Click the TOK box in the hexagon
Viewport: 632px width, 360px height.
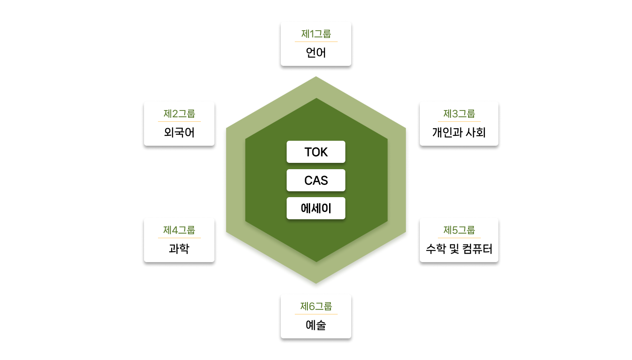click(x=316, y=152)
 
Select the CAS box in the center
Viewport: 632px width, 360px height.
click(x=316, y=180)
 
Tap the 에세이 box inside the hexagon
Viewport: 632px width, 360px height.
click(x=316, y=208)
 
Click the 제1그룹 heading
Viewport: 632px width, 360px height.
click(x=316, y=33)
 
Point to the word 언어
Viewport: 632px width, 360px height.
click(x=316, y=53)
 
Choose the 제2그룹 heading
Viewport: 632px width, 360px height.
click(x=179, y=114)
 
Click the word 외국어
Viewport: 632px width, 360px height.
click(x=179, y=133)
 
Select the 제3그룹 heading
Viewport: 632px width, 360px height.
click(x=459, y=114)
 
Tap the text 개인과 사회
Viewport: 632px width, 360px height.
click(x=459, y=133)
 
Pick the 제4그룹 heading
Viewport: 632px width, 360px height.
click(x=179, y=230)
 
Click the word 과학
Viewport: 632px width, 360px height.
click(x=179, y=249)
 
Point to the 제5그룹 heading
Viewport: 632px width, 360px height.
click(x=459, y=230)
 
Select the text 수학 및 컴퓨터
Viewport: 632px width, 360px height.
click(x=459, y=249)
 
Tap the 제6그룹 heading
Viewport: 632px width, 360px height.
click(x=316, y=306)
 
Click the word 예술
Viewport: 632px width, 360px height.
click(x=316, y=325)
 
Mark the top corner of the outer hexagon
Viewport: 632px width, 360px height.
click(x=316, y=77)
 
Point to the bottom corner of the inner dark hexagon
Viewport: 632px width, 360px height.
click(x=316, y=261)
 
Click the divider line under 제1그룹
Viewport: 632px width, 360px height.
click(x=316, y=42)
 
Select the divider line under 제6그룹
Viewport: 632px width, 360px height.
click(x=316, y=314)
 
